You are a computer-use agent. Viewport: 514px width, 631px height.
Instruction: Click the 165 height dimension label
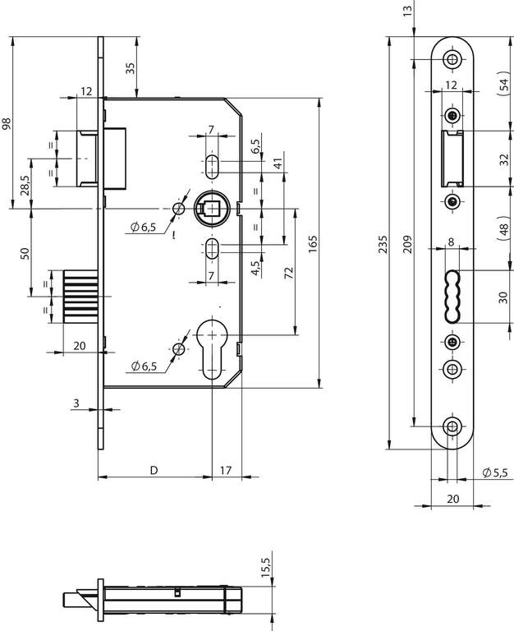point(313,244)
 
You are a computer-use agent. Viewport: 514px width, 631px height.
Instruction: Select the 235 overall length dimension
point(383,244)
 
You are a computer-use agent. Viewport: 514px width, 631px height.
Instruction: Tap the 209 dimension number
point(408,244)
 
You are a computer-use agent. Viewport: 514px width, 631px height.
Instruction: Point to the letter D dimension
point(154,470)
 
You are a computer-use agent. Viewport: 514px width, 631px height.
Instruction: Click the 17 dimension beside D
point(226,470)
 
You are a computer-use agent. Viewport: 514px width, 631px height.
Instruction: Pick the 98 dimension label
point(7,123)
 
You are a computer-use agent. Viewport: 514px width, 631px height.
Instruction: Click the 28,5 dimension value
point(25,185)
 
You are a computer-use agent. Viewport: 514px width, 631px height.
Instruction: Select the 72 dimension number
point(289,273)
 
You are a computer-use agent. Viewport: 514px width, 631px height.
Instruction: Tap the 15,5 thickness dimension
point(266,567)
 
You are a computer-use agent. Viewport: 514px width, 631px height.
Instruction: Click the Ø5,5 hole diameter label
point(498,472)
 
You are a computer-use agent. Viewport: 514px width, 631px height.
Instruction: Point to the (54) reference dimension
point(503,84)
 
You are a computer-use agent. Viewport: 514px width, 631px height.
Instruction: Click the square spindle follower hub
point(212,208)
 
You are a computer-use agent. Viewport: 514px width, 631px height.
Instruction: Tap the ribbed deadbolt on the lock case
point(80,297)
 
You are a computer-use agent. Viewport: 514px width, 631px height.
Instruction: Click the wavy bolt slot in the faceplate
point(452,296)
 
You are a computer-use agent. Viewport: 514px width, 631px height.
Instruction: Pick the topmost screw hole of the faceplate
point(452,59)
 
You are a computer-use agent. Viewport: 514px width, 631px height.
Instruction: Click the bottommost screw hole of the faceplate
point(452,426)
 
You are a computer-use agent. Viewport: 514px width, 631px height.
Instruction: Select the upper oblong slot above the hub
point(212,166)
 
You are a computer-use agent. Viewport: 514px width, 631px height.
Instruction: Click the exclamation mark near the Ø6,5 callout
point(174,236)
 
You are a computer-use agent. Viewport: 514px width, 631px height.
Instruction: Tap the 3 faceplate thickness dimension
point(76,403)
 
